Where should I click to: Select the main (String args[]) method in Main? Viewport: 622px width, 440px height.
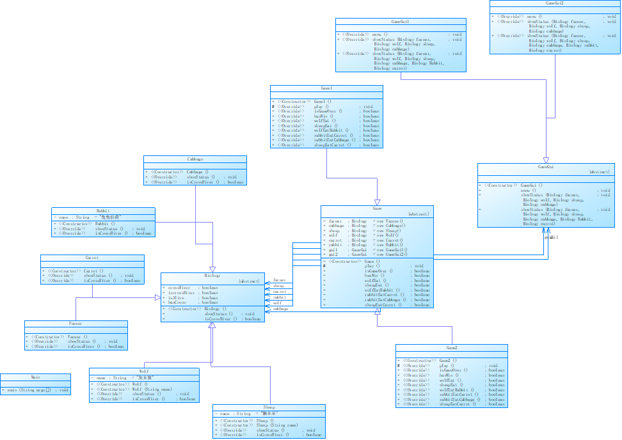click(36, 389)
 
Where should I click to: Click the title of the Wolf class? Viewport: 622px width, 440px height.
click(144, 371)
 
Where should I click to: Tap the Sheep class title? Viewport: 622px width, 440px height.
click(269, 407)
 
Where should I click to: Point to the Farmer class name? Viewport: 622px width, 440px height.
click(76, 324)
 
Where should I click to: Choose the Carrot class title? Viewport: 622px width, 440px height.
click(92, 258)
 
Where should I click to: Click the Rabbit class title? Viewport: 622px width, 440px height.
click(103, 210)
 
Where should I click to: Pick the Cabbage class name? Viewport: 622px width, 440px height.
click(195, 159)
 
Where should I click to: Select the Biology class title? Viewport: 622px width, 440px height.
click(212, 276)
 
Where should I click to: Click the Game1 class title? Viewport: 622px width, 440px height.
click(326, 88)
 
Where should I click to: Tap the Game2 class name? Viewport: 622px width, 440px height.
click(452, 347)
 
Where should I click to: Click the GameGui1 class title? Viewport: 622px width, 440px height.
click(400, 21)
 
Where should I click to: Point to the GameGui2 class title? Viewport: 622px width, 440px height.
click(555, 3)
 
